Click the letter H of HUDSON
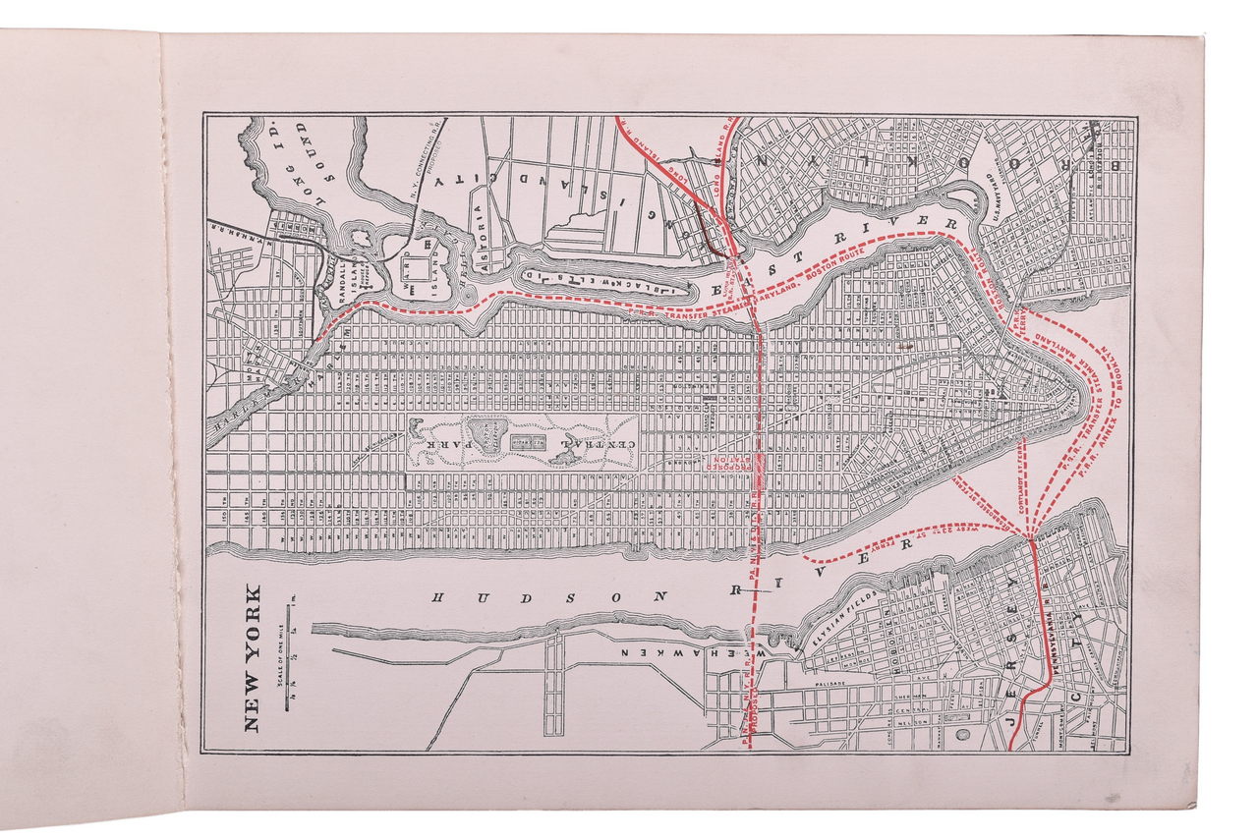pos(441,595)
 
